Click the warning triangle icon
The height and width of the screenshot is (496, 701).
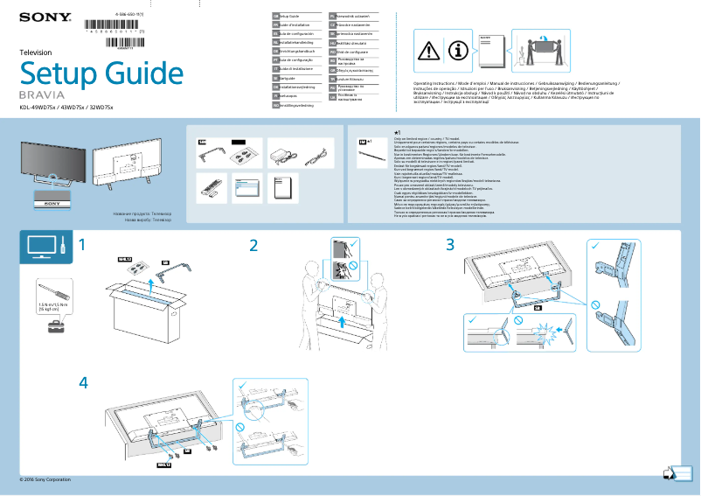pyautogui.click(x=429, y=51)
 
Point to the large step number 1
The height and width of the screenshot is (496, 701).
pyautogui.click(x=82, y=245)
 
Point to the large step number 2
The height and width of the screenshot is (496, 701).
pyautogui.click(x=253, y=246)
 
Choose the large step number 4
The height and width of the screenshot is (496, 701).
pyautogui.click(x=83, y=382)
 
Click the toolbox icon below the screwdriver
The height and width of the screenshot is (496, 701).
pyautogui.click(x=55, y=325)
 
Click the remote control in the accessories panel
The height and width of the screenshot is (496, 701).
pyautogui.click(x=209, y=185)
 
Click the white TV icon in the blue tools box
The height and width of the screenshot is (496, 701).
pyautogui.click(x=41, y=248)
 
